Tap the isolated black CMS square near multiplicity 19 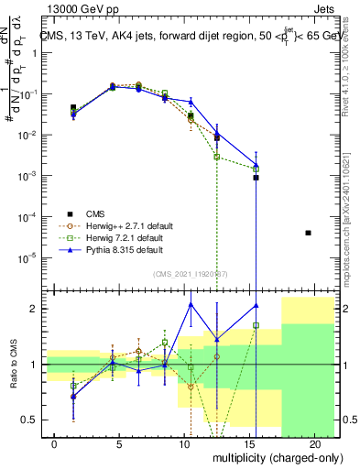coord(308,233)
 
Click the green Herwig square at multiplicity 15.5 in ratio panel coord(256,325)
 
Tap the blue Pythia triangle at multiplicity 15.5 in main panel coord(256,166)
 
